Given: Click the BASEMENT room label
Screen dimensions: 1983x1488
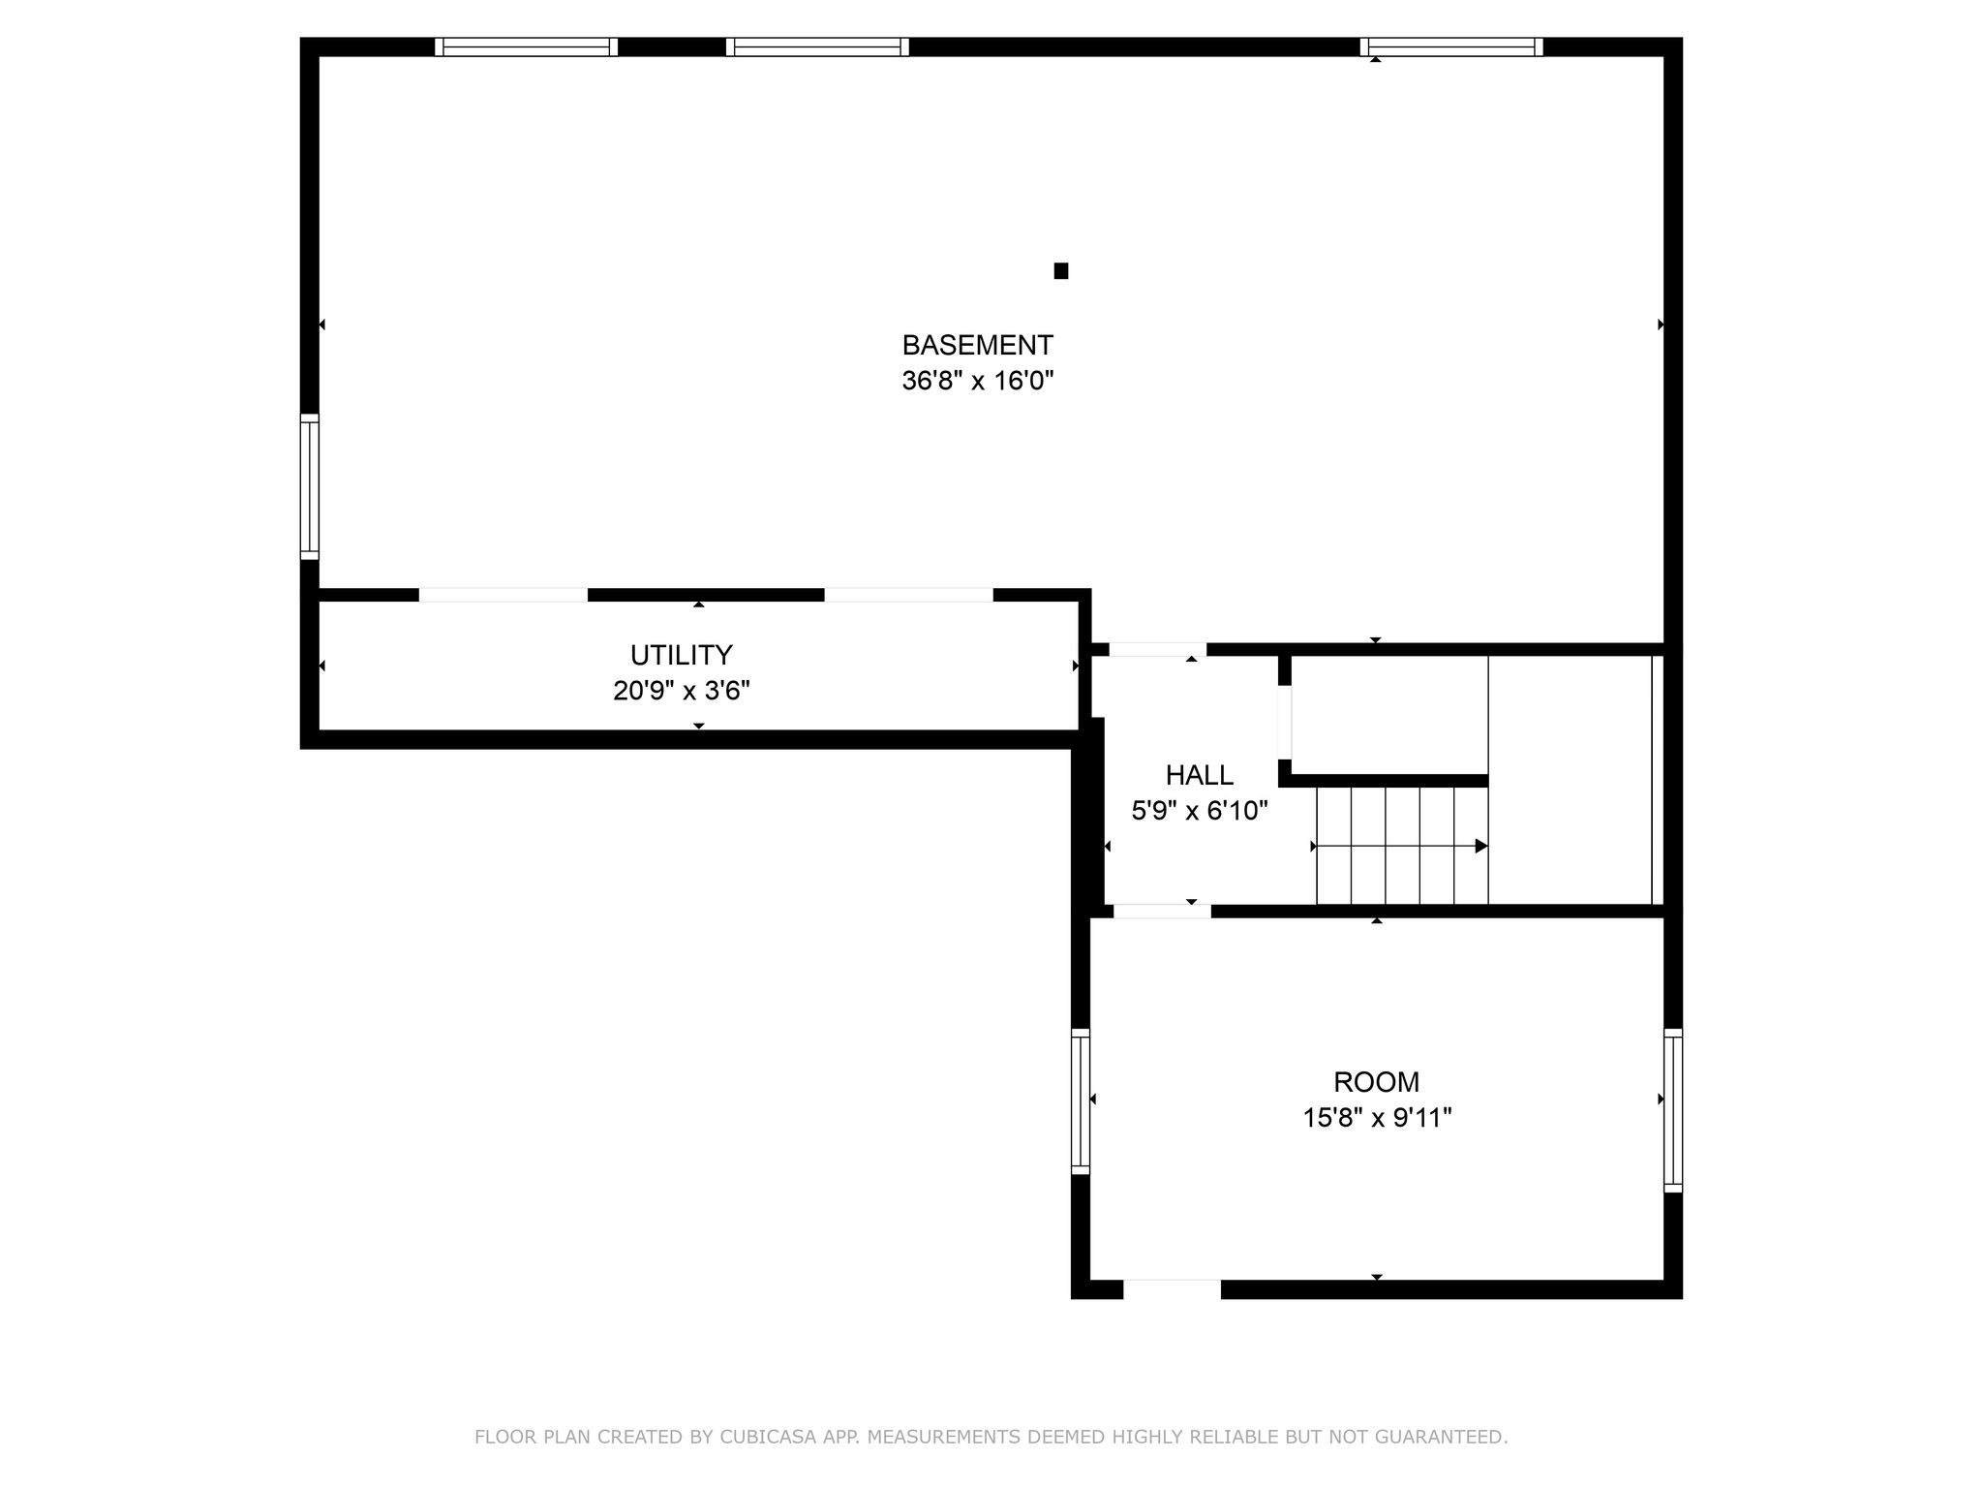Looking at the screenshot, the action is [977, 345].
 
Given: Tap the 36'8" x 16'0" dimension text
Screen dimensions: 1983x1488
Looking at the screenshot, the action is [977, 381].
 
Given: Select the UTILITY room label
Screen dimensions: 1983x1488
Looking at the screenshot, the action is [682, 656].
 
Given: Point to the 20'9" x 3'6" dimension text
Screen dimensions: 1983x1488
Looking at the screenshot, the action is [682, 691].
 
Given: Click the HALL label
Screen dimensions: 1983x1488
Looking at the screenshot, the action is [1200, 775].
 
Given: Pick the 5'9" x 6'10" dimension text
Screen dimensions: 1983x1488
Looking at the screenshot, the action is [1200, 811].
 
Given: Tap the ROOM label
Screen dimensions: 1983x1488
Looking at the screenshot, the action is [1376, 1082].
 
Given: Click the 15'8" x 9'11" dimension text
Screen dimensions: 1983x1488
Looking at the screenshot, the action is [1377, 1118].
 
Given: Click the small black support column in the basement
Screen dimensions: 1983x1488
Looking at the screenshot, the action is [1060, 271].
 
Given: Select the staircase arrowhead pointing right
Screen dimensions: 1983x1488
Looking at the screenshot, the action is [1481, 846].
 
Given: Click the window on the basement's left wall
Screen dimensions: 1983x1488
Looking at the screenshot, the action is [309, 486].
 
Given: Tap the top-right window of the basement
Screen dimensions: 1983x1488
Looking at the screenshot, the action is [1450, 46].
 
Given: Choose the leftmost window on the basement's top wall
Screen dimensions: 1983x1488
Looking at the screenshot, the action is [526, 46].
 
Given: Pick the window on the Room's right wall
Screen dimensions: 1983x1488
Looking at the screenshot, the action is [1673, 1110].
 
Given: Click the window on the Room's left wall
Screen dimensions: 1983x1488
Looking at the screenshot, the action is [1080, 1101].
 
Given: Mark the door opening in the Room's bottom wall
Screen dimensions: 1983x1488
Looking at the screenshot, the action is [1172, 1289].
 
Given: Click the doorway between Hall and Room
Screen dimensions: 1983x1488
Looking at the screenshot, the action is [1162, 911].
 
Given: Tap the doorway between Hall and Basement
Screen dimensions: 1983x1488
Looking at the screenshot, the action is [1157, 649].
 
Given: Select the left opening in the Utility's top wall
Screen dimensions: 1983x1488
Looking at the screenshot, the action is [503, 595].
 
